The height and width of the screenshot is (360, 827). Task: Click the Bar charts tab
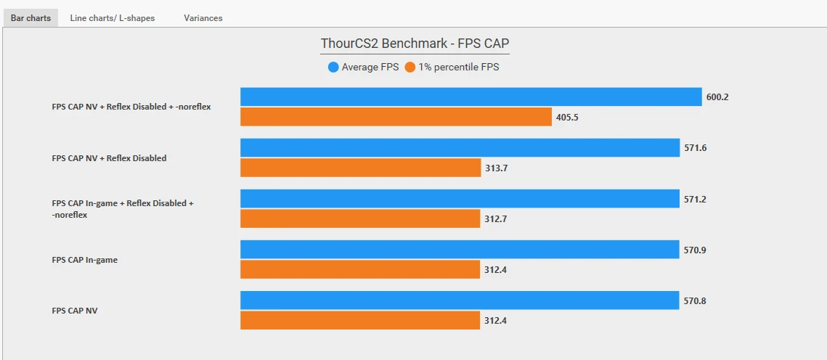coord(30,18)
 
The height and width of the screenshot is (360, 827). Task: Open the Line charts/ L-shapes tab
coord(113,18)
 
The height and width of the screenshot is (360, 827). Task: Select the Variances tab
coord(203,18)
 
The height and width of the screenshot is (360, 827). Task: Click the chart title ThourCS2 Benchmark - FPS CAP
coord(415,44)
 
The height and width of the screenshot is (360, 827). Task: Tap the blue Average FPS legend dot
coord(333,67)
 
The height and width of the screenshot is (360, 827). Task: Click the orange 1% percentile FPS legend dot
coord(410,67)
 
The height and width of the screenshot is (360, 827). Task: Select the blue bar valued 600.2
coord(471,97)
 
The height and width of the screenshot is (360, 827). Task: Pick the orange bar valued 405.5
coord(396,117)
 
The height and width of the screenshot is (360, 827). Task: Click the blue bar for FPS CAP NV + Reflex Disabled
coord(460,147)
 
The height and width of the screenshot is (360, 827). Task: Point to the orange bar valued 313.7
coord(361,168)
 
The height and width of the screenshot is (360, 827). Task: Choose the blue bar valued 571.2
coord(460,199)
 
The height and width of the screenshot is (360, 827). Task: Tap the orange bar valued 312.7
coord(360,218)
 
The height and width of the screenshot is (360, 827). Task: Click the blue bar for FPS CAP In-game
coord(460,250)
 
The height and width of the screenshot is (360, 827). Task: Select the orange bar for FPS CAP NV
coord(360,321)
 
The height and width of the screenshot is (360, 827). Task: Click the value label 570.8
coord(695,301)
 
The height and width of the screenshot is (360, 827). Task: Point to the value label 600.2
coord(717,97)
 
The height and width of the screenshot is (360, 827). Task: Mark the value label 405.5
coord(568,117)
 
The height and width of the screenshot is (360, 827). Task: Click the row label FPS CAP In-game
coord(84,260)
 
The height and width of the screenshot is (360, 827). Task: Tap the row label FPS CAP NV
coord(75,311)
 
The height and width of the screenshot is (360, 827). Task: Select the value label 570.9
coord(695,250)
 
